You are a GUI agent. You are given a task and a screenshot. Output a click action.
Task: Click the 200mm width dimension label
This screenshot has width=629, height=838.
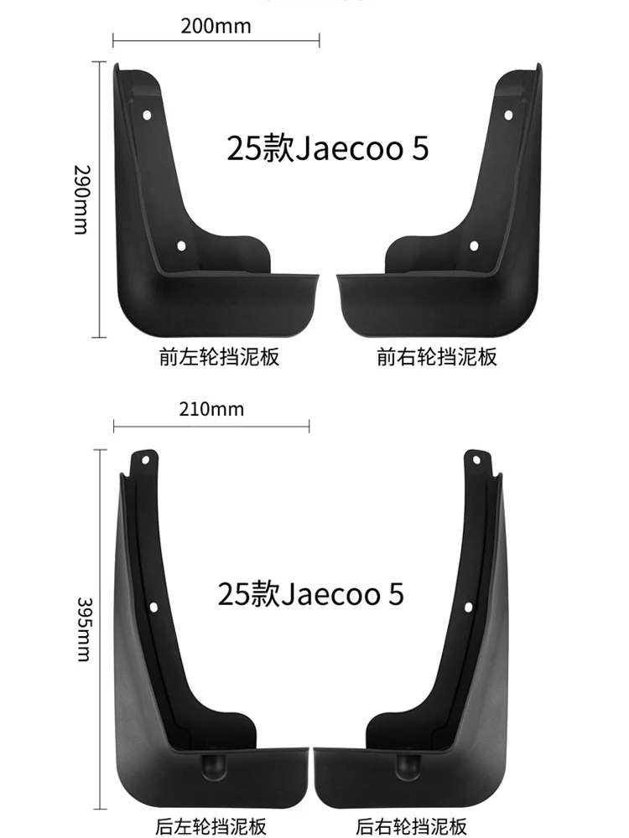coord(216,26)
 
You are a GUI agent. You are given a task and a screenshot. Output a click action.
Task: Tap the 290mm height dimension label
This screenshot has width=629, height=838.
coord(81,199)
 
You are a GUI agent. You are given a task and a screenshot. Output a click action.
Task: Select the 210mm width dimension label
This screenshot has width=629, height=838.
coord(211,410)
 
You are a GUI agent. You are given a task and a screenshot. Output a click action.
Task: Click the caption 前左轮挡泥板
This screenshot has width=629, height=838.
coord(219,357)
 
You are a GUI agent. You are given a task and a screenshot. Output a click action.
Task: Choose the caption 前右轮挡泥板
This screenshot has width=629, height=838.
coord(437,357)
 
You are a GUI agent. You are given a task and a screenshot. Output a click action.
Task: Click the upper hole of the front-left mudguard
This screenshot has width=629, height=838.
coord(148,116)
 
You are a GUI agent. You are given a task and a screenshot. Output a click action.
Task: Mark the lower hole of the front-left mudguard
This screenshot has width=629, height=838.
coord(181,246)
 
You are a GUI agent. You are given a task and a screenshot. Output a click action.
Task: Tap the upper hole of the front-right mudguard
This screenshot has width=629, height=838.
coord(507,116)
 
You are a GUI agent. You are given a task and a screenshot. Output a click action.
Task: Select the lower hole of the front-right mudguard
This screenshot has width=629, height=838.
coord(474,246)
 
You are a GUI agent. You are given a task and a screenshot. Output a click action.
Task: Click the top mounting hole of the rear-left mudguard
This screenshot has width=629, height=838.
coord(145,459)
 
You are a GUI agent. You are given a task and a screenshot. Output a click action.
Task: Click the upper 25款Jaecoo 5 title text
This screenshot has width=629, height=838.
coord(327,148)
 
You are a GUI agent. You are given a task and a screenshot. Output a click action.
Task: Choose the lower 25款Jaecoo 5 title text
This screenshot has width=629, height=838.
coord(310,593)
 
